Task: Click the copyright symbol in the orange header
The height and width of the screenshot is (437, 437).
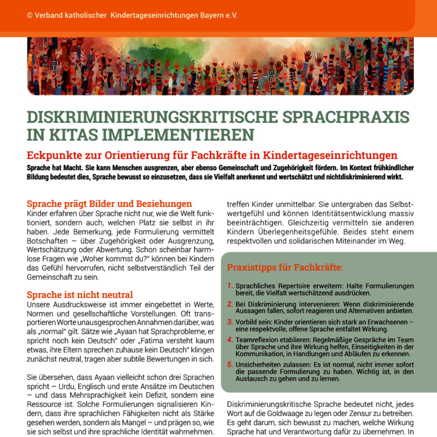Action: coord(30,15)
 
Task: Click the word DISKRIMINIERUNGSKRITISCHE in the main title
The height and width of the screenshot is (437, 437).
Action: coord(152,117)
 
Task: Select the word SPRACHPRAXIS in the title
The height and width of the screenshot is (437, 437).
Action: coord(346,117)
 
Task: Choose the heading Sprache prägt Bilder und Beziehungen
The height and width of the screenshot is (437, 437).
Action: coord(109,204)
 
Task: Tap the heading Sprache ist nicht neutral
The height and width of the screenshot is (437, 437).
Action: coord(80,295)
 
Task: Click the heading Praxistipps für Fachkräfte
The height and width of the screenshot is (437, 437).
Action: coord(285,268)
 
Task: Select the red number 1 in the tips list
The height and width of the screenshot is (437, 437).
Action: coord(230,286)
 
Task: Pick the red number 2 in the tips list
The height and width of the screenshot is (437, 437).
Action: coord(230,304)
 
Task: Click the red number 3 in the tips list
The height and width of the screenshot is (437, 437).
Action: coord(230,322)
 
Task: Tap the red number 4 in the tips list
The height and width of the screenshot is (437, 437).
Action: coord(230,340)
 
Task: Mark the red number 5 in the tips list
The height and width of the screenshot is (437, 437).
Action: coord(230,364)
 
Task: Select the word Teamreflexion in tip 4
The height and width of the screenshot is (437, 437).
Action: coord(254,340)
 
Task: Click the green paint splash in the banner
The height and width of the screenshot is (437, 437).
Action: coord(158,54)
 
